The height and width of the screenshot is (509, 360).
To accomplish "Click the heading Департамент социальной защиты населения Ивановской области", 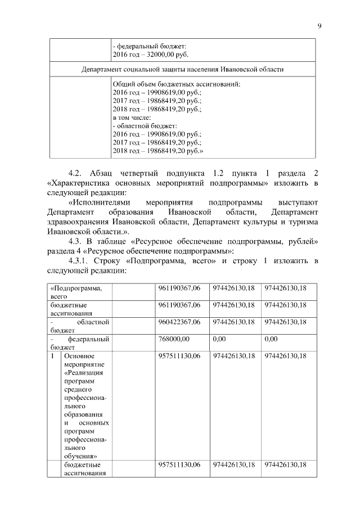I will click(182, 70).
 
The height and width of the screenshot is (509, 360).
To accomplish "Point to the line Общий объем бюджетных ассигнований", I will click(176, 84).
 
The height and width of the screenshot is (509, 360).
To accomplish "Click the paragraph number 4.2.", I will click(75, 172).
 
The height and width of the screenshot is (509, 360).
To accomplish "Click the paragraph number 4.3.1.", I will click(79, 262).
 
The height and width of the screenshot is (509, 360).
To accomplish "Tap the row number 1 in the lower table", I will click(52, 356).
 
